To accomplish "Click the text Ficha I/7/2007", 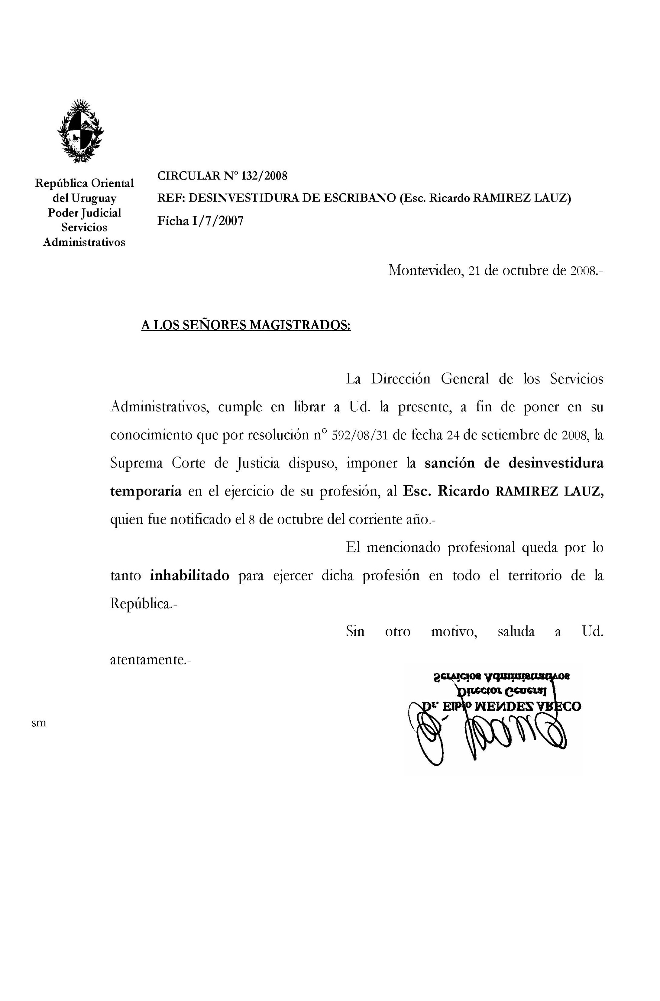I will pos(200,221).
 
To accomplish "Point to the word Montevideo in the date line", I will pos(425,270).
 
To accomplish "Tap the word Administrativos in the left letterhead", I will pos(84,243).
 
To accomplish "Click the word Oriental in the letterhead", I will pos(112,184).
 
